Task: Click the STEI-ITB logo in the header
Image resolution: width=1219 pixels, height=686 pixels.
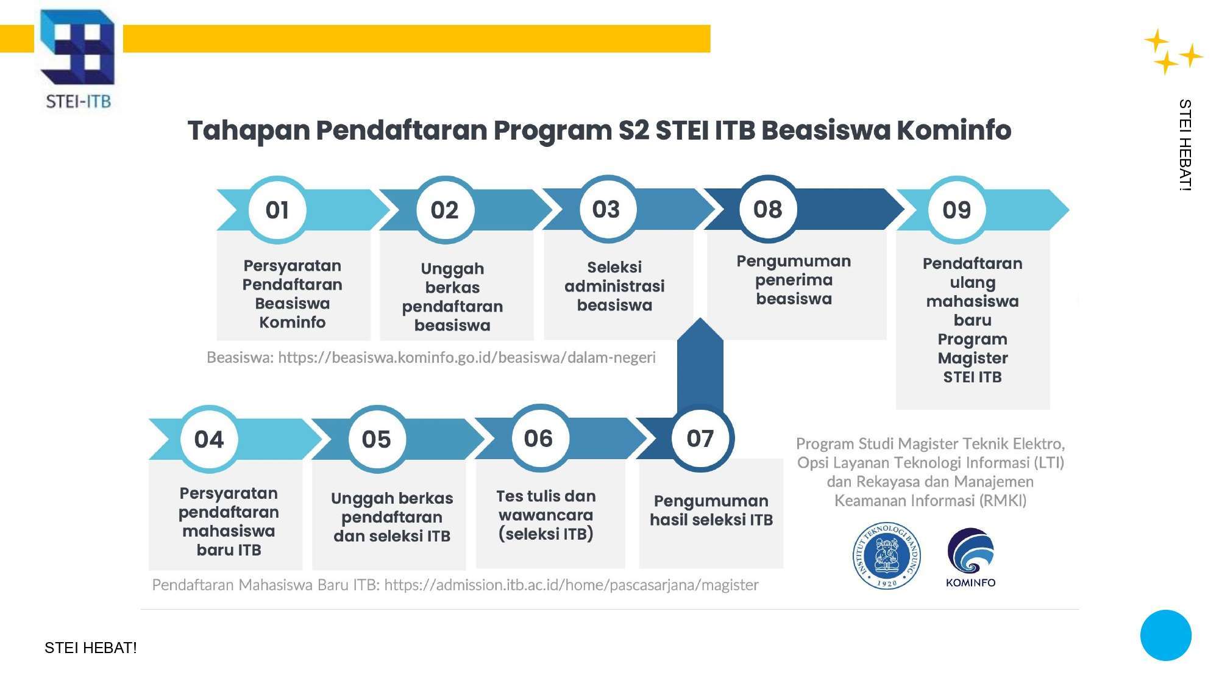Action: point(77,59)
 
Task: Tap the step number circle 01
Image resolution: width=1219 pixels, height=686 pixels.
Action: point(277,210)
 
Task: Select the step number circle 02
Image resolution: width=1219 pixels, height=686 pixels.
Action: point(445,210)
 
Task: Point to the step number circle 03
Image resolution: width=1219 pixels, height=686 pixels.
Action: point(606,209)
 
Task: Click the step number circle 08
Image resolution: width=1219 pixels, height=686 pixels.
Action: point(768,209)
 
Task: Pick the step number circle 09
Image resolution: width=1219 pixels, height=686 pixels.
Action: point(957,210)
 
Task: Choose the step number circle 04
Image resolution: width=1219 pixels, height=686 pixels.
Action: point(209,439)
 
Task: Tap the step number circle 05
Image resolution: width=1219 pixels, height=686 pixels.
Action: point(377,439)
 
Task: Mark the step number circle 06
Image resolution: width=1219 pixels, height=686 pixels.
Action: point(538,438)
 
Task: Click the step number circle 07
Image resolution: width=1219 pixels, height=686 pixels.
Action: point(700,438)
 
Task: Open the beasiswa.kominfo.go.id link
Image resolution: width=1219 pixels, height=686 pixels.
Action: point(467,357)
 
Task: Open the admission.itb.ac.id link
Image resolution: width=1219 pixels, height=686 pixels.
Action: point(571,585)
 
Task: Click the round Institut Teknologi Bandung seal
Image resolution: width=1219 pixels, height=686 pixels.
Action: point(887,556)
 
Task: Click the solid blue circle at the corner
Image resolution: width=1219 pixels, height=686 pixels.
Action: point(1166,635)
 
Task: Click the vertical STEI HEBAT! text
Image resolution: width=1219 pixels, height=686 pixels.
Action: point(1185,145)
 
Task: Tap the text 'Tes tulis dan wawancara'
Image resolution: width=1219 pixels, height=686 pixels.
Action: point(546,506)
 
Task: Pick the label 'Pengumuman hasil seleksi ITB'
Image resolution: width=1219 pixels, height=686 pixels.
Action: point(711,510)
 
